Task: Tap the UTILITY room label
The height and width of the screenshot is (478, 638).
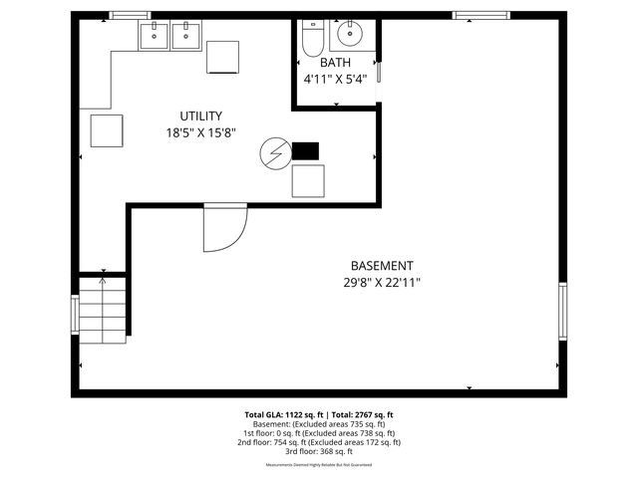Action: point(200,116)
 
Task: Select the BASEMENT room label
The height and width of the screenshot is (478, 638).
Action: point(382,265)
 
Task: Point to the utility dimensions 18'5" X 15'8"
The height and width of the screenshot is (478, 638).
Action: point(200,132)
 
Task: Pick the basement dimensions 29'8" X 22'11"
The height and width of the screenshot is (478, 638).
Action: point(382,282)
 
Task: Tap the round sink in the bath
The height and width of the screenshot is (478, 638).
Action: point(350,35)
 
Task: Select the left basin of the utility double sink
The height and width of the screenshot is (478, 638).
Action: point(154,36)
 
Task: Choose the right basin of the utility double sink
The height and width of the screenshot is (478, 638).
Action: point(185,36)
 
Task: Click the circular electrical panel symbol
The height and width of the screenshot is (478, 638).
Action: point(272,152)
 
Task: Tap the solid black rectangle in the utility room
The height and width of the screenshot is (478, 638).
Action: point(305,151)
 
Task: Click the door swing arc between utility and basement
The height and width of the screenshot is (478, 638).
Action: point(225,229)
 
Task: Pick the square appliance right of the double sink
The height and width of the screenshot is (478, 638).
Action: point(222,57)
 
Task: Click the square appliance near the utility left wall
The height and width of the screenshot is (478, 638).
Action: point(106,130)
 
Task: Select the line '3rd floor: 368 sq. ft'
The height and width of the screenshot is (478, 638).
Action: point(319,451)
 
